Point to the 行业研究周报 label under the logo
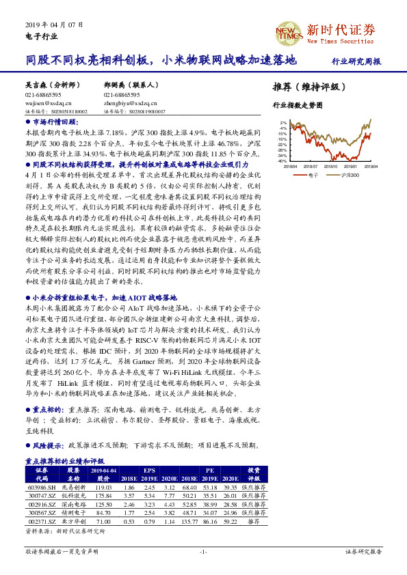(x=356, y=61)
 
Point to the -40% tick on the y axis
(x=283, y=161)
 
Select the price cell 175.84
(x=104, y=494)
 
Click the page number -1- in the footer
(x=203, y=551)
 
